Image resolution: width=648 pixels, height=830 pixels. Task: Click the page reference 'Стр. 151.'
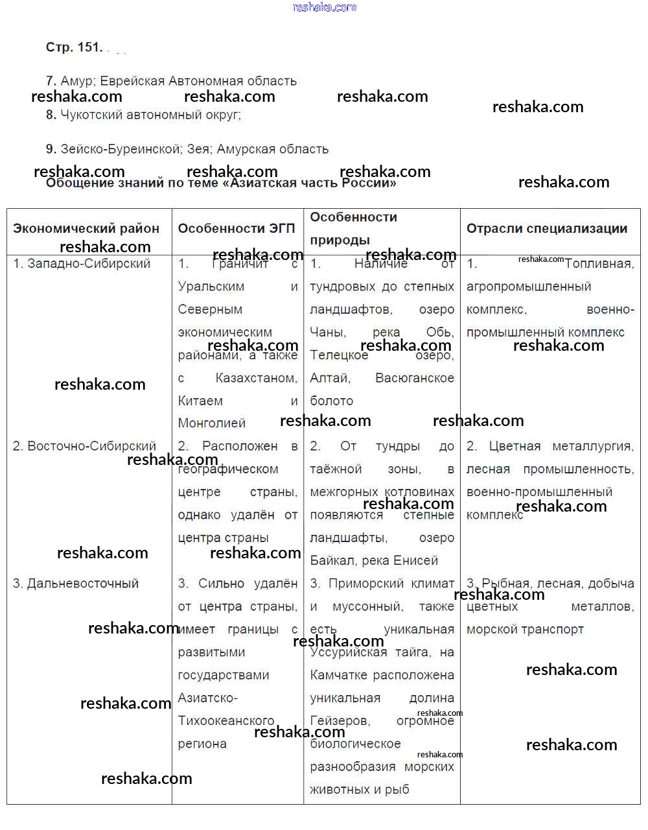74,47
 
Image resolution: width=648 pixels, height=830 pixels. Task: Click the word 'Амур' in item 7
76,81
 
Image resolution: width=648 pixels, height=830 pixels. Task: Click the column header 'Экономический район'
86,228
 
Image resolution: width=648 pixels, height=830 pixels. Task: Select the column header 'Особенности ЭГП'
237,228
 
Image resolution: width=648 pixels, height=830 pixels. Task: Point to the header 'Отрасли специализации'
547,228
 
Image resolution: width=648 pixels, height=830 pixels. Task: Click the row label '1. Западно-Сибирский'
82,263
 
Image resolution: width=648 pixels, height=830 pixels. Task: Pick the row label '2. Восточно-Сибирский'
84,446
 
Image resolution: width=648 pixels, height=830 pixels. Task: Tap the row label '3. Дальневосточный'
76,584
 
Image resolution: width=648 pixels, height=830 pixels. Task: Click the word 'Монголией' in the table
212,423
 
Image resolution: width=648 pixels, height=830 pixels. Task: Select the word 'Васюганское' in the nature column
415,378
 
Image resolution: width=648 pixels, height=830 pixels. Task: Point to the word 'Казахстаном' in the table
257,378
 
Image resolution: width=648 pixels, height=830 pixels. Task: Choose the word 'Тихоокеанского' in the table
226,721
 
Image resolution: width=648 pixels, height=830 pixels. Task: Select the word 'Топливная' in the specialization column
599,263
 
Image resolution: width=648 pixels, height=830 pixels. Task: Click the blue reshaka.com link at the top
324,7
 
